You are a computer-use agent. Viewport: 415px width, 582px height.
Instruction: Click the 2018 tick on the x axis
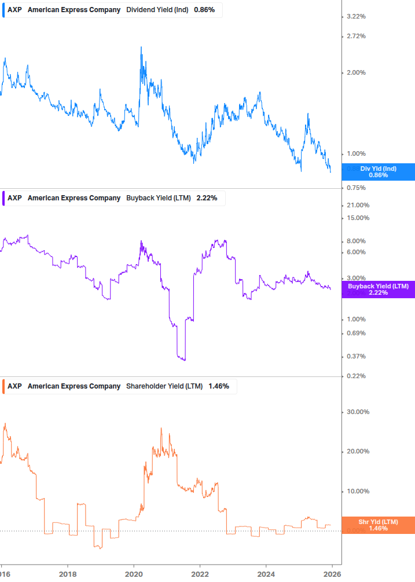(68, 573)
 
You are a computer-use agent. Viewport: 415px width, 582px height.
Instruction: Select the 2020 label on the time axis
(134, 573)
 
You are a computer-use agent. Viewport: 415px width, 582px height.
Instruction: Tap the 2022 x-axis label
(200, 573)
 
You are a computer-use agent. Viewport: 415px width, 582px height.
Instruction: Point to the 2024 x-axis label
(266, 573)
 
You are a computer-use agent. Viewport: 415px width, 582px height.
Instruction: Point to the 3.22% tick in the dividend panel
(355, 17)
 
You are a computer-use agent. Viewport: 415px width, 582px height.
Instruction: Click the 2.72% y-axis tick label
(355, 36)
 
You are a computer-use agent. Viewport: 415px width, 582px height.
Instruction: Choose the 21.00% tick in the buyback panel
(357, 206)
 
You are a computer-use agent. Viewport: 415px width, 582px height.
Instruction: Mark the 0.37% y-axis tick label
(355, 357)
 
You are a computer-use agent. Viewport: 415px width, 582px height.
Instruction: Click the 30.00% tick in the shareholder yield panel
(357, 412)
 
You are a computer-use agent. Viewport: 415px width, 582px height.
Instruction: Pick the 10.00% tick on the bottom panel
(357, 492)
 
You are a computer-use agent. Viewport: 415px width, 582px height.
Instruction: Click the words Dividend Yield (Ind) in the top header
(157, 10)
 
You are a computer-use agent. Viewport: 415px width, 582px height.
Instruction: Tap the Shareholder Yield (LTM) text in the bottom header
(164, 386)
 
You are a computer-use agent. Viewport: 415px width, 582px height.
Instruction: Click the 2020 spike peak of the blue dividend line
(141, 47)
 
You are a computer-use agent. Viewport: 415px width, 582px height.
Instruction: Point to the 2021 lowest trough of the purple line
(184, 360)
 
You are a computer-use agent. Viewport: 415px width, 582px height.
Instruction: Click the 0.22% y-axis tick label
(355, 376)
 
